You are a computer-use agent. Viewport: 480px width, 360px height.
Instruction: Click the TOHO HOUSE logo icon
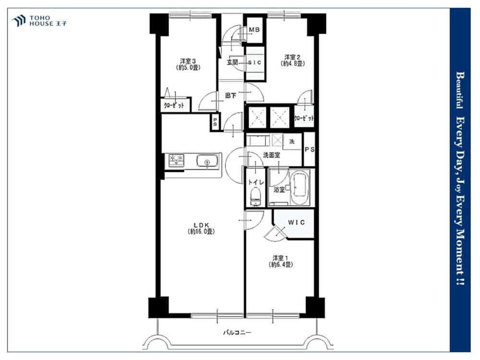(18, 21)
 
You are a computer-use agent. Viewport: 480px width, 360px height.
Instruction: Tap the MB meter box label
(254, 30)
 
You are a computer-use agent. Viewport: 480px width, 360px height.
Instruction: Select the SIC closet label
(255, 62)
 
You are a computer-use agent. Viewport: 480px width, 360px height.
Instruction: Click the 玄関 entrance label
(232, 62)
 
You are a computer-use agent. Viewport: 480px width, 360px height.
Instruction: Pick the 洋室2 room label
(292, 57)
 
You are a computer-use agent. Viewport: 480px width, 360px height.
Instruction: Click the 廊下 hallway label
(231, 96)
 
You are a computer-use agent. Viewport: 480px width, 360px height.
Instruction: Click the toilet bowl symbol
(255, 197)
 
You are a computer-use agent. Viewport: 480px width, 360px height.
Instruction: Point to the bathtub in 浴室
(300, 187)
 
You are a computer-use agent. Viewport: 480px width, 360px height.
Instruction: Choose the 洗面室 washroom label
(272, 155)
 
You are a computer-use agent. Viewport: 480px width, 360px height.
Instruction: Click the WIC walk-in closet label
(296, 223)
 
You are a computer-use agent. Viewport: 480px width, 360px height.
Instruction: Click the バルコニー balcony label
(237, 332)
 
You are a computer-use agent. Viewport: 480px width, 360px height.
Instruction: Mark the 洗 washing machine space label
(292, 142)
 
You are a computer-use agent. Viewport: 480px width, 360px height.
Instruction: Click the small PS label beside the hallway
(215, 122)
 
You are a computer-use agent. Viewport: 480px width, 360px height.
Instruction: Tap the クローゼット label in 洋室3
(174, 105)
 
